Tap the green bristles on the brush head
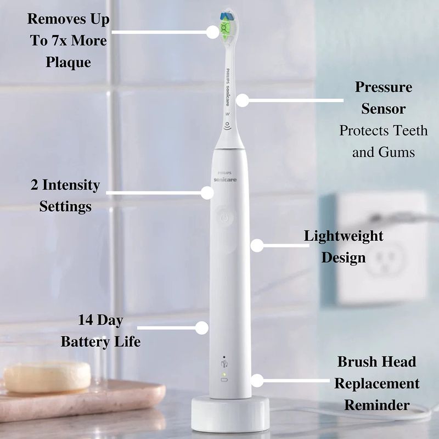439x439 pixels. [225, 29]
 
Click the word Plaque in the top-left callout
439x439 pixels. [68, 62]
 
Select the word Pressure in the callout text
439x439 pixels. [384, 87]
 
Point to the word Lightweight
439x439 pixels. [344, 236]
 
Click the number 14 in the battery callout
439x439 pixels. [86, 320]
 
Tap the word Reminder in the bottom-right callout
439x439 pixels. [377, 405]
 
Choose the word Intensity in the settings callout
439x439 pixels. [71, 185]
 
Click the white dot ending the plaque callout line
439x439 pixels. [213, 32]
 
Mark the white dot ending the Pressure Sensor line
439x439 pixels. [243, 100]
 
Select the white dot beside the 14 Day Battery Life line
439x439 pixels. [201, 328]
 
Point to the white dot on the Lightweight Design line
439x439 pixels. [257, 245]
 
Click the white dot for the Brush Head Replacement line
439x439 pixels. [257, 380]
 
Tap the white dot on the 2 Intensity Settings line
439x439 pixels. [207, 193]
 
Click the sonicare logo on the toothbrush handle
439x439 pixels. [225, 179]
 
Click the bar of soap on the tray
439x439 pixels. [47, 377]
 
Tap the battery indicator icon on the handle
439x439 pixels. [224, 380]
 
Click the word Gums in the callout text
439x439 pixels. [397, 153]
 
